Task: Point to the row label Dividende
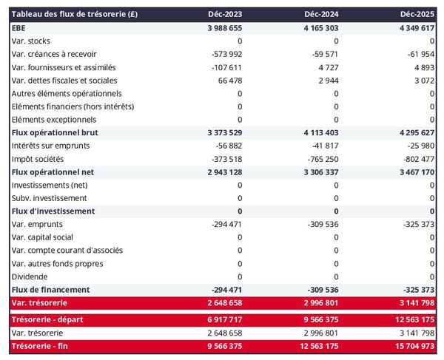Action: pos(29,276)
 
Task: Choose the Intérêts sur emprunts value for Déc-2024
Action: pos(323,146)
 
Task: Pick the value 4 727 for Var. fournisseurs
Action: pos(327,67)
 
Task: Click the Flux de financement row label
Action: pos(51,289)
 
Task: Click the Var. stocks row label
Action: pos(30,41)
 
